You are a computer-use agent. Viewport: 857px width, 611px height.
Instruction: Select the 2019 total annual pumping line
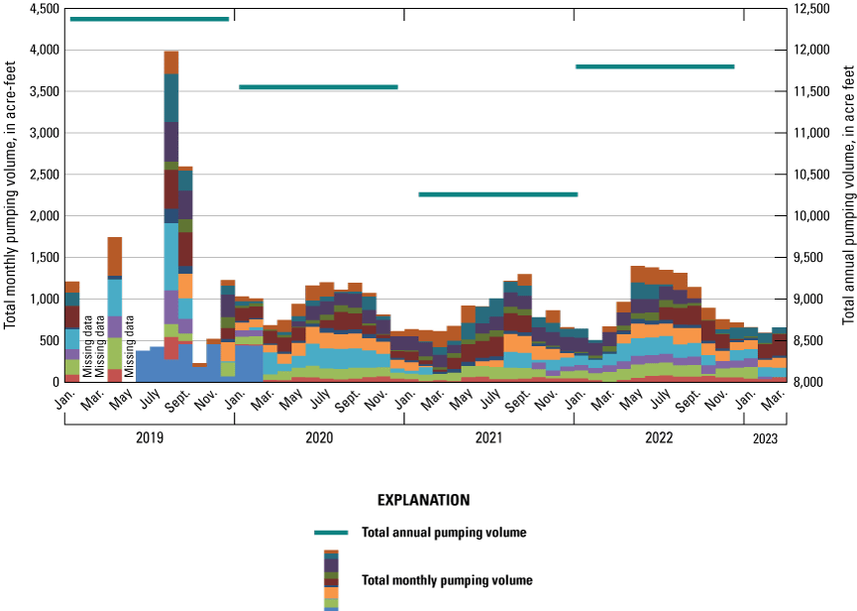[x=150, y=19]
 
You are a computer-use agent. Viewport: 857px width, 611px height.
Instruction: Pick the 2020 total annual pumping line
[x=318, y=87]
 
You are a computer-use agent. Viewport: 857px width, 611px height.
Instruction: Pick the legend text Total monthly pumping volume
[x=448, y=580]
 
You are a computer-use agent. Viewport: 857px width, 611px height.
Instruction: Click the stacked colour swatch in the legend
[x=331, y=580]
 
